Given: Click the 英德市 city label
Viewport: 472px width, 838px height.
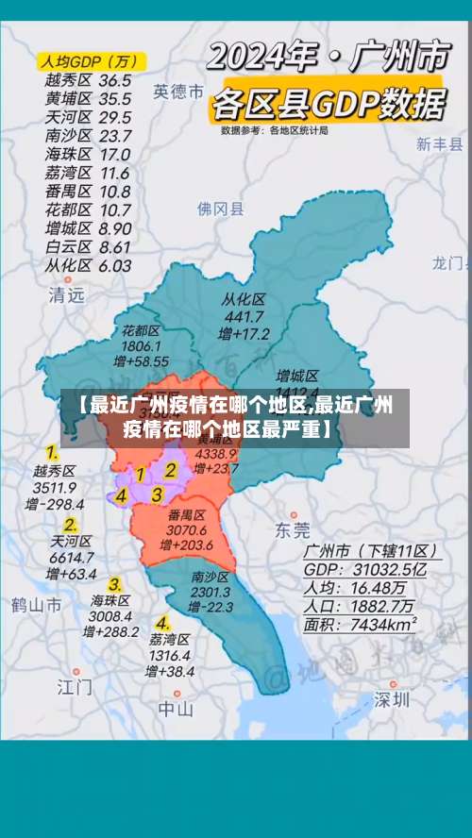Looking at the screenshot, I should [x=178, y=92].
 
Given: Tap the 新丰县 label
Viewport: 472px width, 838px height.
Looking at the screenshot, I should [x=439, y=144].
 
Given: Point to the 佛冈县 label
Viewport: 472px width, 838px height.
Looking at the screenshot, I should [x=220, y=209].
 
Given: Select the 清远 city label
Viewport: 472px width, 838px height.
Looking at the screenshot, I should [x=66, y=294].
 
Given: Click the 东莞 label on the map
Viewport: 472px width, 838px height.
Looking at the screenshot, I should [x=292, y=529].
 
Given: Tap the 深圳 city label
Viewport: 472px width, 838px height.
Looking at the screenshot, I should [x=391, y=699].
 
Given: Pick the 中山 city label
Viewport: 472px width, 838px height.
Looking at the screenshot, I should [x=176, y=708].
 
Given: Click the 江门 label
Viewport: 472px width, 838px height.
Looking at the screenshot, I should [x=75, y=686].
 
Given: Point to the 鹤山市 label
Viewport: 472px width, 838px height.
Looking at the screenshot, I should [x=37, y=603].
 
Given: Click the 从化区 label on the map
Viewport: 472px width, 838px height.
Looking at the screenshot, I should [x=244, y=299].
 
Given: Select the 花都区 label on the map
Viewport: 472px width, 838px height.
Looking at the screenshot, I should [x=142, y=330].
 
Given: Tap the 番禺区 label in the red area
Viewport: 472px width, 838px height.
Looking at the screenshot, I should [x=187, y=515].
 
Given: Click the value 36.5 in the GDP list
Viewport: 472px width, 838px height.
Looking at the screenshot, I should [x=114, y=81].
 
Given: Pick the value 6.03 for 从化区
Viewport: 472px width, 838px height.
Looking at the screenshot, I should [x=114, y=265].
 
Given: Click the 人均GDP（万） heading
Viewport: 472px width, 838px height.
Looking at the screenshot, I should [x=88, y=61].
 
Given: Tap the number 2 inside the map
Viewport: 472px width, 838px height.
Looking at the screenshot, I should [x=171, y=469].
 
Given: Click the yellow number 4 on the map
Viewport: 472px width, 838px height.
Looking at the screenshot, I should [x=121, y=495].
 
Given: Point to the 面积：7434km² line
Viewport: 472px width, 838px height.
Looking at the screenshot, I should [x=360, y=625].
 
